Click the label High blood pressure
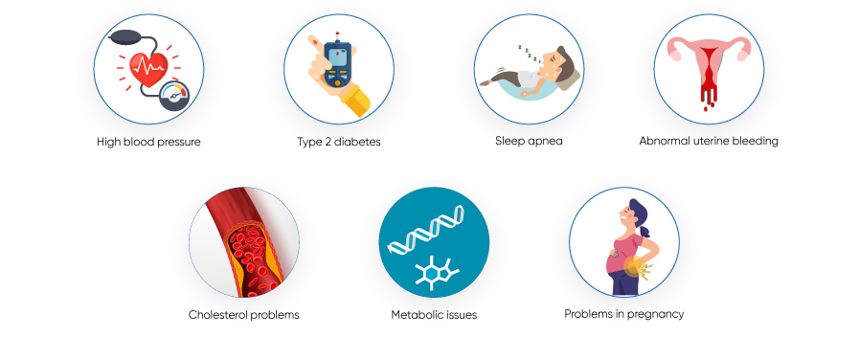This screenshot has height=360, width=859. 148,142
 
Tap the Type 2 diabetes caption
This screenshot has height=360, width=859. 339,142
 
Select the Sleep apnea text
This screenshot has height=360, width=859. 529,141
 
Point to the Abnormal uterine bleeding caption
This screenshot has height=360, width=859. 709,141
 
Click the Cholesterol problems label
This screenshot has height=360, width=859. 244,314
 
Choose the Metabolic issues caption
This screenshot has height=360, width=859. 434,314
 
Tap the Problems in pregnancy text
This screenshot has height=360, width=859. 624,314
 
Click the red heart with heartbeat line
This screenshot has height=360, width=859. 148,69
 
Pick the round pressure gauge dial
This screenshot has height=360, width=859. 174,96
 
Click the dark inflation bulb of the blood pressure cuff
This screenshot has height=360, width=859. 127,37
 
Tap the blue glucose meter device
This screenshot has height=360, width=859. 337,64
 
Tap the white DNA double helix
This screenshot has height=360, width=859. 426,229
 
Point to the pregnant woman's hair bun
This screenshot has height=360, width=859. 644,232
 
